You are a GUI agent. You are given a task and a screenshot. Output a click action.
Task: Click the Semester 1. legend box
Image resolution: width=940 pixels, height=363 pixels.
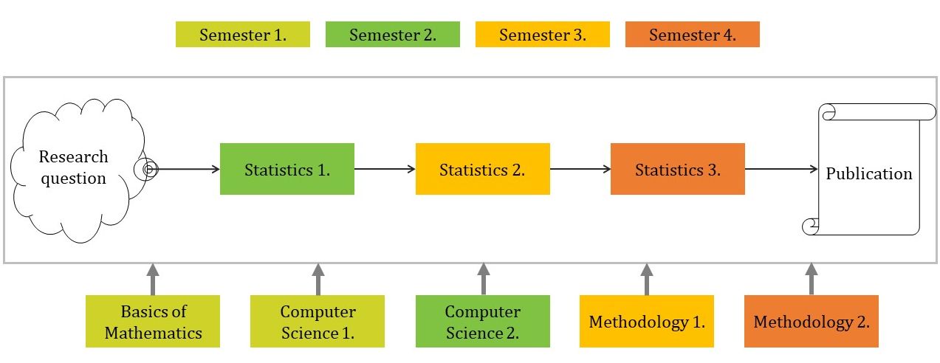point(242,35)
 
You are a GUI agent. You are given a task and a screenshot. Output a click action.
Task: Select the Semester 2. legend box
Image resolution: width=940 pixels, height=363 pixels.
point(393,35)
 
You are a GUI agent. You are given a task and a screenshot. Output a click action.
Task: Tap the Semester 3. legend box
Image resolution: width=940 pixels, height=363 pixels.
point(543,35)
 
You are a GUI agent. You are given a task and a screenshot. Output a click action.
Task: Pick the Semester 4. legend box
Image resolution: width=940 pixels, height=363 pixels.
point(693,35)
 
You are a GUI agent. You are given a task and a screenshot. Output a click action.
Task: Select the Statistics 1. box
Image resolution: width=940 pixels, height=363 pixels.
point(287,169)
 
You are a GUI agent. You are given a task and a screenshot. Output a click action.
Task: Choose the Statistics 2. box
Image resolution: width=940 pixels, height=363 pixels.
point(483,169)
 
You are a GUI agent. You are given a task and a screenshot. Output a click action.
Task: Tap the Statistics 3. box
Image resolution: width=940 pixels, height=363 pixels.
point(678,169)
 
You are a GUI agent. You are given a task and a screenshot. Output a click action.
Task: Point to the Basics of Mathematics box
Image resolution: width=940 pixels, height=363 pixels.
point(153,322)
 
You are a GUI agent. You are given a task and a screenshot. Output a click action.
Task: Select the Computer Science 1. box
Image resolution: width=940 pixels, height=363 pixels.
point(318,322)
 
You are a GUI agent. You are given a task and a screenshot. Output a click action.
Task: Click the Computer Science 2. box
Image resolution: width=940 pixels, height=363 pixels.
point(483,322)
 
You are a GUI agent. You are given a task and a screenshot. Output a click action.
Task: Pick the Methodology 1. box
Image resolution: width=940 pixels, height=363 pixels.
point(647,322)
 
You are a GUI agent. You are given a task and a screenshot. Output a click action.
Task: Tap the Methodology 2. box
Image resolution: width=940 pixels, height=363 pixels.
point(812,322)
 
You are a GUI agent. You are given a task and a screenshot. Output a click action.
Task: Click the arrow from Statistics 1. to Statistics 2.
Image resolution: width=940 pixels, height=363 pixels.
point(385,169)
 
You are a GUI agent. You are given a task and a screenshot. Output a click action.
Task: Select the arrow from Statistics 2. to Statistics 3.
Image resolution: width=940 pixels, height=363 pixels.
point(580,169)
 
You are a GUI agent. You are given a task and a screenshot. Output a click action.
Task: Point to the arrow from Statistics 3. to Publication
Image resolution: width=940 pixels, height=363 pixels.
point(781,169)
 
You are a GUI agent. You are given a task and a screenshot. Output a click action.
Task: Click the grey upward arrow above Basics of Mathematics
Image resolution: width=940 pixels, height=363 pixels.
point(153,279)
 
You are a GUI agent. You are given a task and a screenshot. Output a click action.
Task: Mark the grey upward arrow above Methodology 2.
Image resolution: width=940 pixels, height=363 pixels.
point(812,279)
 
